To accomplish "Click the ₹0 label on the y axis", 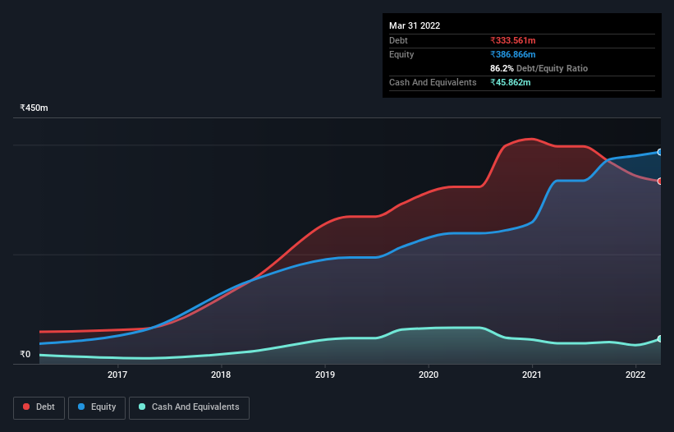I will click(25, 355).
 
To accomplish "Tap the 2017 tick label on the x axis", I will click(117, 375).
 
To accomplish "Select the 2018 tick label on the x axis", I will click(221, 375).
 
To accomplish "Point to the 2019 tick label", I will click(325, 375).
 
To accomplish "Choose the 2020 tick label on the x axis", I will click(429, 375).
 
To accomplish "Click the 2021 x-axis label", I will click(532, 375).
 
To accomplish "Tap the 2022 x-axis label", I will click(635, 375).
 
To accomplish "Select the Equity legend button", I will click(98, 407).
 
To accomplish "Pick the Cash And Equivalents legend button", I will click(189, 407).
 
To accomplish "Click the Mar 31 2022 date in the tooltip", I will click(415, 25).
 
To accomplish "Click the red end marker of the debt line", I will click(660, 181).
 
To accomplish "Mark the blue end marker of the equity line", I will click(660, 152).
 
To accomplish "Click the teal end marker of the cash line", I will click(660, 338).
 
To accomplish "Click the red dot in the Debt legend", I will click(27, 407).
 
